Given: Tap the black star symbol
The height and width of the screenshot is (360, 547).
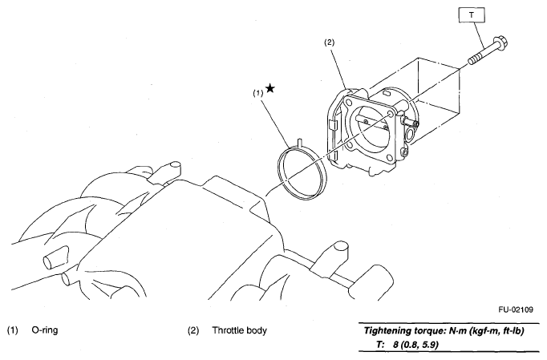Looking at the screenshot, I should click(269, 89).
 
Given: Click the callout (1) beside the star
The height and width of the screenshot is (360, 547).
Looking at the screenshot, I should click(258, 93).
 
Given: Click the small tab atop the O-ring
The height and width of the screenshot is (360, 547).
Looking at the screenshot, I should click(296, 144).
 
